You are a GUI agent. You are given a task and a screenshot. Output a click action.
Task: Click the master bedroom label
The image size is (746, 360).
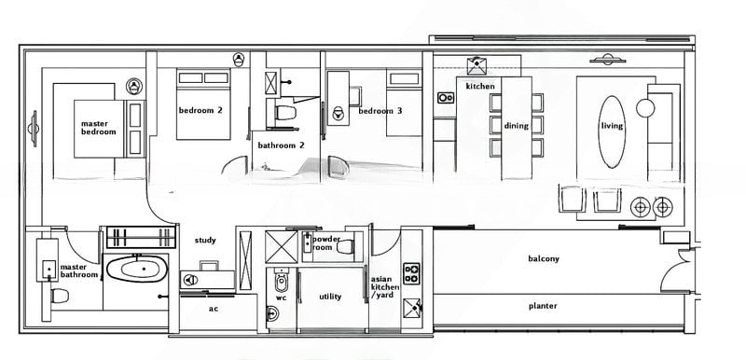(99, 128)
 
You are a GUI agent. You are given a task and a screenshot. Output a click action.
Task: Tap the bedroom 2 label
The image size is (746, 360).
(200, 110)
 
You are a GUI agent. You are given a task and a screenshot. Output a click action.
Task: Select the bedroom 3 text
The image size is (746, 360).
(380, 111)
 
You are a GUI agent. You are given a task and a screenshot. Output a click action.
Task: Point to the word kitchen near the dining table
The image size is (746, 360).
(480, 86)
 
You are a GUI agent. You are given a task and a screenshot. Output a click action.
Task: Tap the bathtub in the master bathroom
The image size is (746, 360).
(137, 269)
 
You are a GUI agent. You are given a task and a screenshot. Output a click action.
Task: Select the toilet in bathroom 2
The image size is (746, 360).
(285, 113)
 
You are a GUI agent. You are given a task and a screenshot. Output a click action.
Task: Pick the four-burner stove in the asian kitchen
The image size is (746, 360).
(411, 273)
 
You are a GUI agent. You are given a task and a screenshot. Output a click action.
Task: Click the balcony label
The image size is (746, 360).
(544, 258)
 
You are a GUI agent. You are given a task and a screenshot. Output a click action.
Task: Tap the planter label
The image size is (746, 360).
(543, 306)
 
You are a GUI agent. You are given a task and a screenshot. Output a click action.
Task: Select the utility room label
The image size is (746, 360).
(330, 297)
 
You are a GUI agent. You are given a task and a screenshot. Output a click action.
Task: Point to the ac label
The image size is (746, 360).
(214, 309)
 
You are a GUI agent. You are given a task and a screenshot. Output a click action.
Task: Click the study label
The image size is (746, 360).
(205, 241)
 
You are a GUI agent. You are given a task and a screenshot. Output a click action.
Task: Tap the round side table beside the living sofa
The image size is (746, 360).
(645, 108)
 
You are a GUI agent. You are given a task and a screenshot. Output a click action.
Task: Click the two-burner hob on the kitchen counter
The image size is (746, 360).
(446, 98)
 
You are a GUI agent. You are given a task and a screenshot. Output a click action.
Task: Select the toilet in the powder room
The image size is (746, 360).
(345, 247)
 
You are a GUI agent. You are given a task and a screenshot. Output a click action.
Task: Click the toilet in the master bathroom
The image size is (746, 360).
(60, 296)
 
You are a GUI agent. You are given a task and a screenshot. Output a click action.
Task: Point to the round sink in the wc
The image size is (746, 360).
(272, 314)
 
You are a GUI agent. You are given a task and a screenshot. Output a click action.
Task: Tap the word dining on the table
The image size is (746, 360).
(517, 126)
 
